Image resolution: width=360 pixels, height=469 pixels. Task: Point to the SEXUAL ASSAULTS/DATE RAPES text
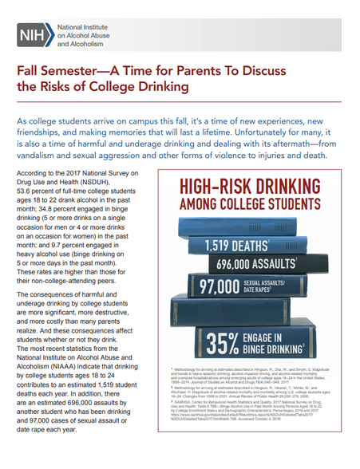(274, 286)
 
